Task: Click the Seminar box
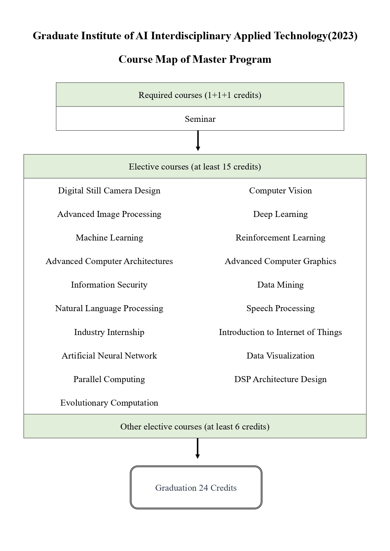tap(200, 119)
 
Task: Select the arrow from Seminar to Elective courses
tap(198, 141)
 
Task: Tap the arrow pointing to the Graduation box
tap(197, 448)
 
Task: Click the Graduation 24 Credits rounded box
tap(196, 487)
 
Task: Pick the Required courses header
tap(200, 95)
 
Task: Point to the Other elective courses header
tap(195, 426)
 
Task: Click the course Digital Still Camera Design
tap(109, 191)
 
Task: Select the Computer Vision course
tap(281, 191)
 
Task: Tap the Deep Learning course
tap(281, 214)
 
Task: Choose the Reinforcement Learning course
tap(281, 238)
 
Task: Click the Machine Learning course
tap(109, 238)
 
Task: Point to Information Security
tap(109, 285)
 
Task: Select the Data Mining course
tap(281, 285)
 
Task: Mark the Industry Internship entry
tap(109, 332)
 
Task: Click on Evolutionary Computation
tap(109, 403)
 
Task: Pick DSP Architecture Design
tap(281, 380)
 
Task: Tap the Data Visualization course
tap(281, 356)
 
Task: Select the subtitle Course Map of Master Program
tap(195, 59)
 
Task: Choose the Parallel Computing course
tap(109, 380)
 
